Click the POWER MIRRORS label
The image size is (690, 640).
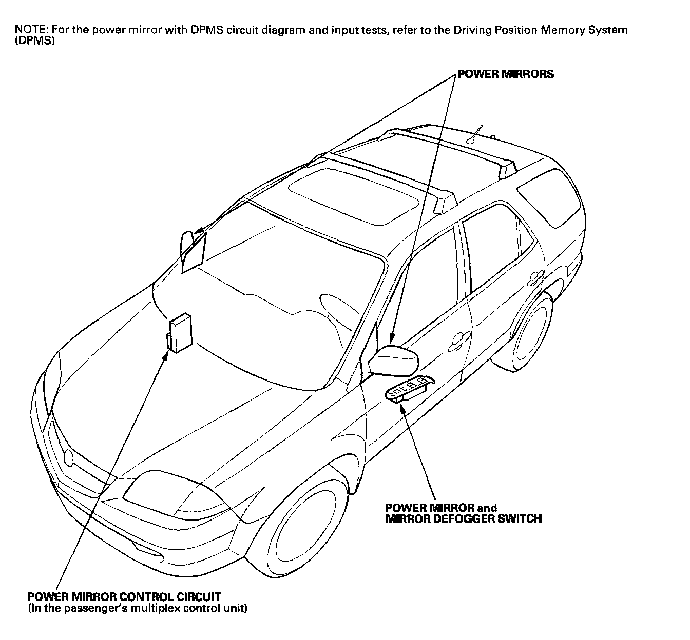tap(506, 74)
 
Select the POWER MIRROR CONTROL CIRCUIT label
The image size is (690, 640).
tap(124, 597)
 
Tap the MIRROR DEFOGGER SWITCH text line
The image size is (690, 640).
tap(464, 518)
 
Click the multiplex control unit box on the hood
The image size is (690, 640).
tap(180, 332)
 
